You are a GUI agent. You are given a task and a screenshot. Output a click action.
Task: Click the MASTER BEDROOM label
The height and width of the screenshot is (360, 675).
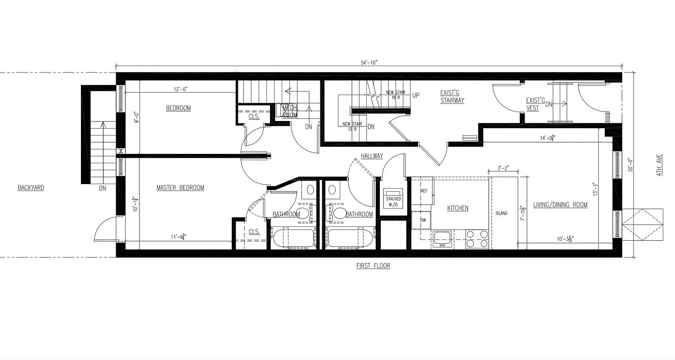(180, 188)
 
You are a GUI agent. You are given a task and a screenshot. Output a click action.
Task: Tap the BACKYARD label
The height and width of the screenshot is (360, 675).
(31, 188)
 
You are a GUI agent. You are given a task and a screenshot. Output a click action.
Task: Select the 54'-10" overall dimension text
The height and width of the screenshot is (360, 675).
(369, 62)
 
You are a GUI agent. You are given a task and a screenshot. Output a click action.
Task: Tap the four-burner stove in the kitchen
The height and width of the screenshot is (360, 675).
(477, 238)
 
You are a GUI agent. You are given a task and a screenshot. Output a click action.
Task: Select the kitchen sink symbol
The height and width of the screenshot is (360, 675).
(443, 238)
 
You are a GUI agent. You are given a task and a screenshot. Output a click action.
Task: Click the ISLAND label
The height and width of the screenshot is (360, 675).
(501, 213)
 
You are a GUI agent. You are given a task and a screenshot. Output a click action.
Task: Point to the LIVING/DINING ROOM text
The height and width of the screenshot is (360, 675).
(560, 205)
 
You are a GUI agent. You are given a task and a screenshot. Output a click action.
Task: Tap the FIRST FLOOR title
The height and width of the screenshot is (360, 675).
(373, 266)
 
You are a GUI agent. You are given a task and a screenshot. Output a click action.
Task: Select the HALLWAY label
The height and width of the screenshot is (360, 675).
(372, 156)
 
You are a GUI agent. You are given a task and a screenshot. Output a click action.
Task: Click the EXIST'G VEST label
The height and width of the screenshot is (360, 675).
(535, 104)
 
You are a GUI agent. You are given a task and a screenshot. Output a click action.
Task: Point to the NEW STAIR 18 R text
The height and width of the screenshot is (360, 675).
(396, 95)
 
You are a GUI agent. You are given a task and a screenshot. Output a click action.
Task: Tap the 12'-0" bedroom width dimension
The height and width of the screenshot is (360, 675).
(180, 89)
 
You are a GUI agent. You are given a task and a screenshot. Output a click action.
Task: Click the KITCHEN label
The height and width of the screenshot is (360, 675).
(458, 208)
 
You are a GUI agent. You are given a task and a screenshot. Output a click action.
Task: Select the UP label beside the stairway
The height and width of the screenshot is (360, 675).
(416, 95)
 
